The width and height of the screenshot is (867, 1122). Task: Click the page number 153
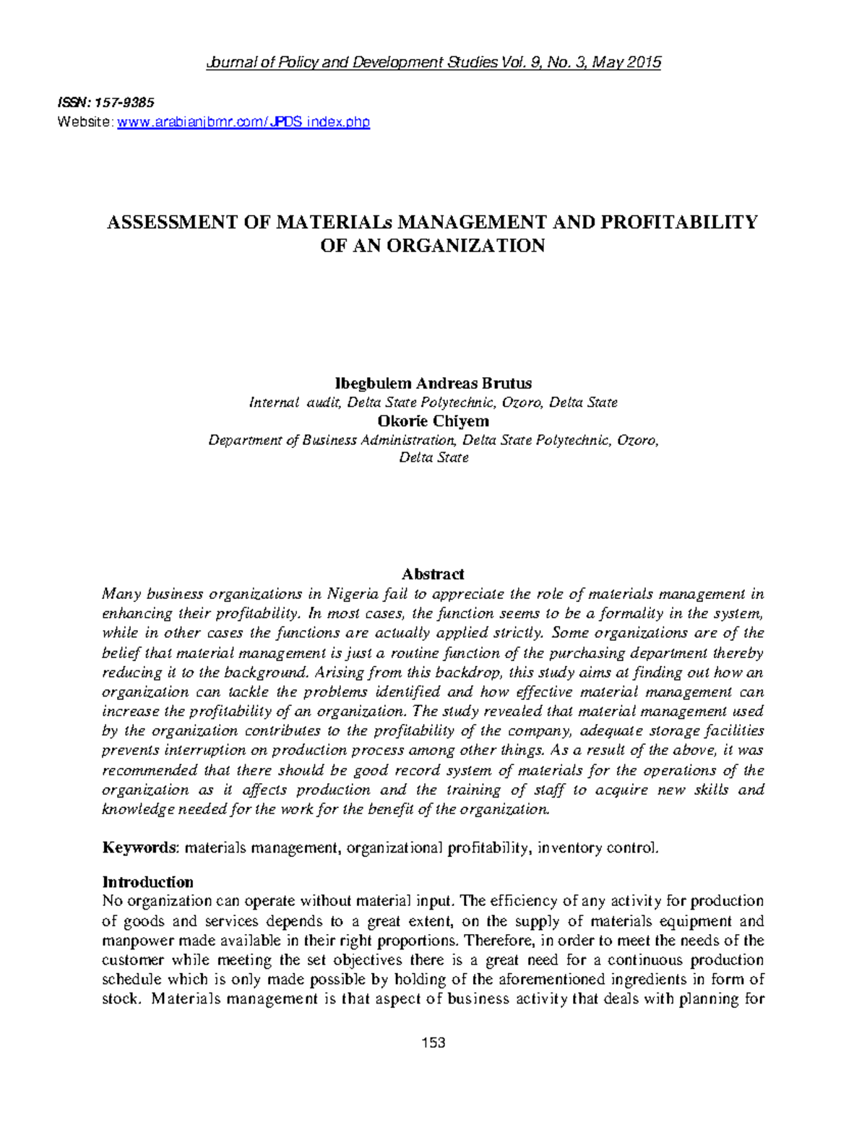(x=433, y=1043)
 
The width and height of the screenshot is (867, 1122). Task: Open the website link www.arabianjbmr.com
(x=243, y=122)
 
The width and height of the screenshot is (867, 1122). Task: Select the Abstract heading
(x=433, y=574)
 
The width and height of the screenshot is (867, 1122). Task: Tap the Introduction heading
(x=148, y=882)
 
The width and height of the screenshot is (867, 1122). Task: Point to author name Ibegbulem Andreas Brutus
(x=432, y=383)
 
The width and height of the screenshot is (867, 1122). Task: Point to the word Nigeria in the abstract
(x=353, y=594)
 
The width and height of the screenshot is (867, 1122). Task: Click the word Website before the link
(x=84, y=122)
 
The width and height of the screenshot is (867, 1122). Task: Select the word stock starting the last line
(x=119, y=1000)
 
